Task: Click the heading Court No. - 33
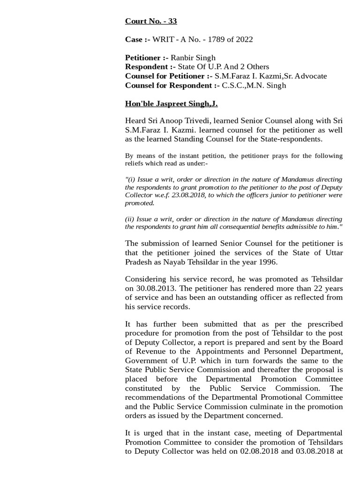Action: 150,21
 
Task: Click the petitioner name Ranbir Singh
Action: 193,58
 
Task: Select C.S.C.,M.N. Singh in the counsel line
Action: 254,85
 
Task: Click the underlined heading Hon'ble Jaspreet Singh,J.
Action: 171,104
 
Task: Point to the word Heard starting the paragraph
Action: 136,120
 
